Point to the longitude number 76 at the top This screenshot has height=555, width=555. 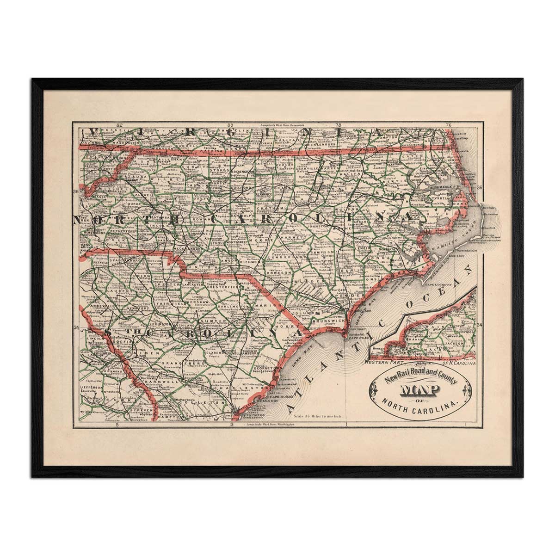(448, 125)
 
